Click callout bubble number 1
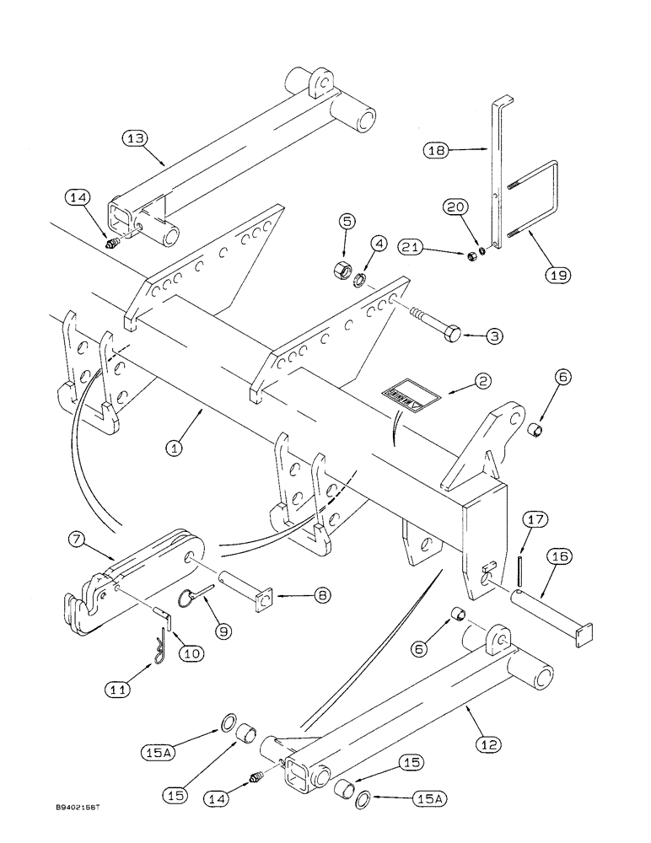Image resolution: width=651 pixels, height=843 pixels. (x=175, y=449)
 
